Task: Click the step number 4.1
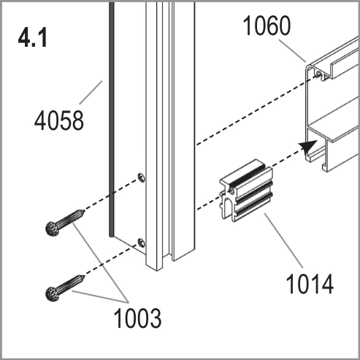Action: [33, 37]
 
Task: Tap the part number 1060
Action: [267, 26]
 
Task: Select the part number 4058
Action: [59, 120]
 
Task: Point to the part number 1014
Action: [310, 284]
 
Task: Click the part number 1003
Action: [137, 318]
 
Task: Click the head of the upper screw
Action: [53, 229]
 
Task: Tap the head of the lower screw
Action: [52, 294]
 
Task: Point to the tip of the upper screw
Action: [84, 211]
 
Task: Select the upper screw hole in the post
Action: [142, 177]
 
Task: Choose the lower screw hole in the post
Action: [142, 243]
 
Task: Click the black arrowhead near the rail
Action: [309, 147]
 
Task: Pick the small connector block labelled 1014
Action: [246, 191]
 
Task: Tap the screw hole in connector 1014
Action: [231, 190]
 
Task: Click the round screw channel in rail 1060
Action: [319, 73]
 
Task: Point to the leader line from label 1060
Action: [292, 51]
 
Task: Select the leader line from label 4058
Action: [91, 92]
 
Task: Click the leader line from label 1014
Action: [283, 240]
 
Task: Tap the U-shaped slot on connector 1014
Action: [227, 206]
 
